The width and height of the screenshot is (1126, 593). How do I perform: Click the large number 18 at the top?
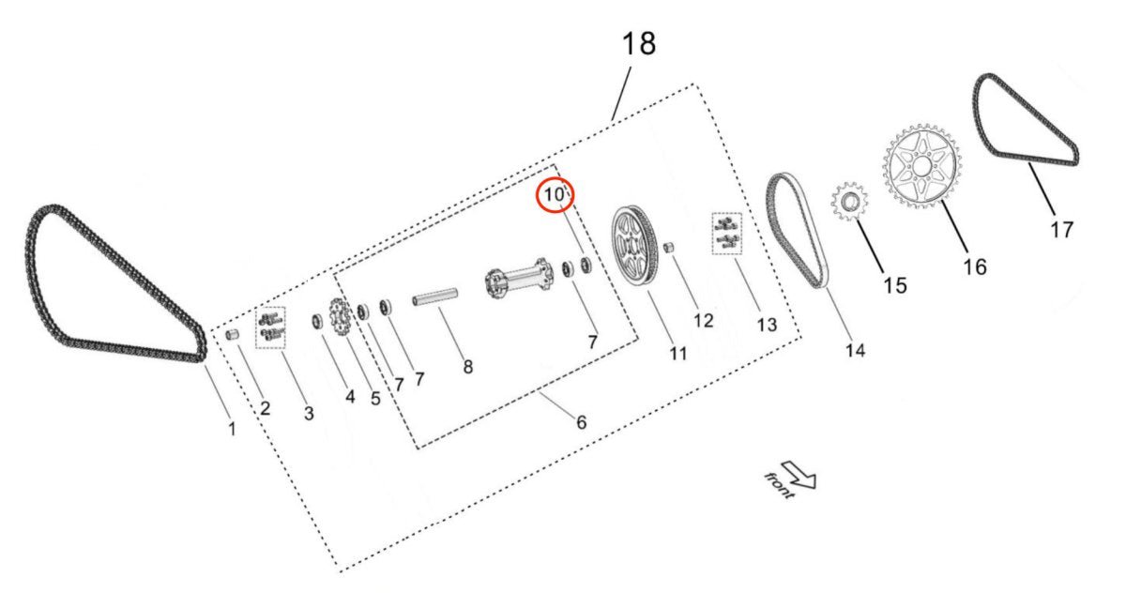638,43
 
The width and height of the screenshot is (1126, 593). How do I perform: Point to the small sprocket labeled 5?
339,316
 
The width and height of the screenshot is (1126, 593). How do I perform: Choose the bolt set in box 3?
269,327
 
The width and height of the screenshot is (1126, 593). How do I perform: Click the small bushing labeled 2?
235,335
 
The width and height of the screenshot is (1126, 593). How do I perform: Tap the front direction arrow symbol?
799,475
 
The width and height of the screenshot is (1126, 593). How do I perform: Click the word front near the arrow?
778,486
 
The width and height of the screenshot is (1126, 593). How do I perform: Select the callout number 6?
581,422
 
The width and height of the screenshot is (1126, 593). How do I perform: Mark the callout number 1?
232,429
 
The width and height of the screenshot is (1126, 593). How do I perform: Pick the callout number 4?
349,396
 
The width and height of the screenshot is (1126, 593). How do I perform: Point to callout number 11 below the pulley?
677,354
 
